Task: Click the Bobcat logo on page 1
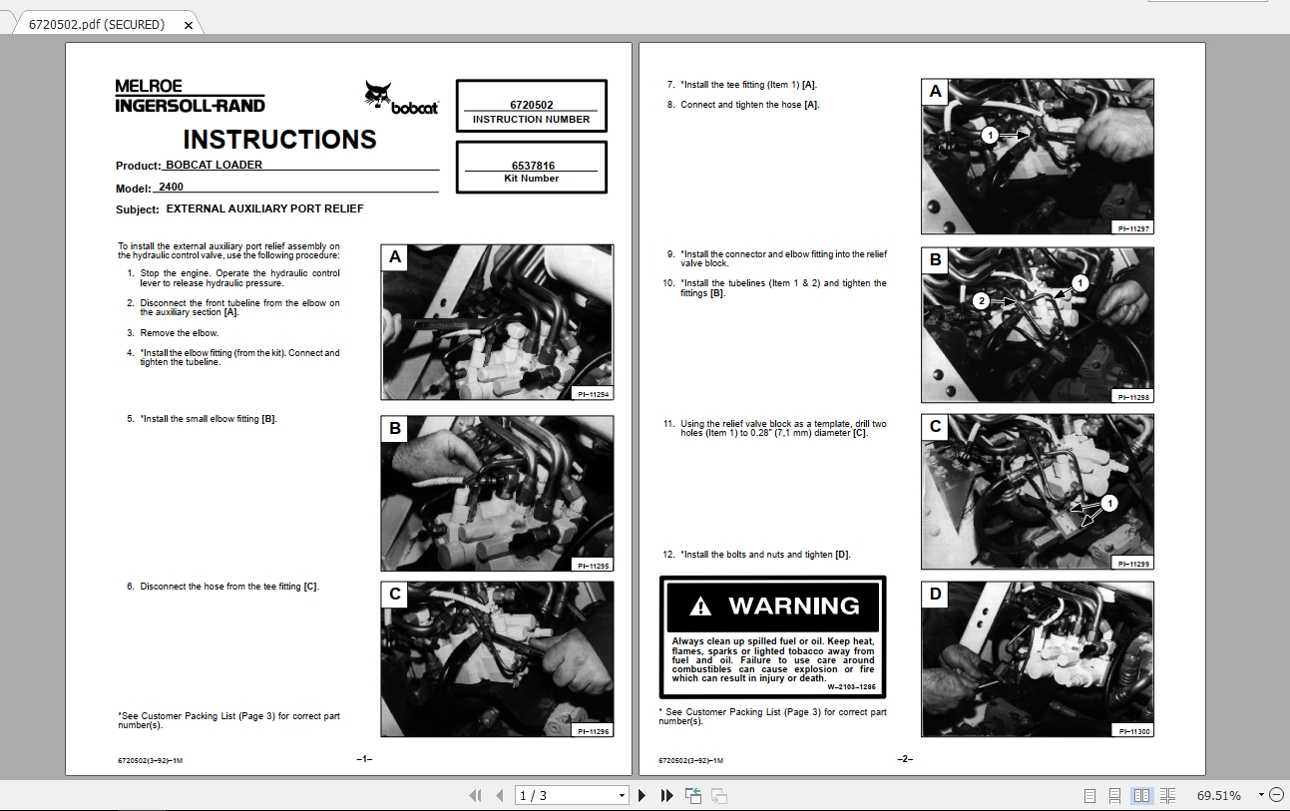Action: pyautogui.click(x=400, y=98)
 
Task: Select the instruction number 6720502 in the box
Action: pyautogui.click(x=531, y=105)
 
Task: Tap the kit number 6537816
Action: pyautogui.click(x=533, y=166)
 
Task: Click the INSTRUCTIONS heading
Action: pyautogui.click(x=279, y=140)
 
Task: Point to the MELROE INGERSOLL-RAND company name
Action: pyautogui.click(x=190, y=96)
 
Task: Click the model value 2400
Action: pyautogui.click(x=171, y=187)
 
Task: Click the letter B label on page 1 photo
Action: pyautogui.click(x=395, y=429)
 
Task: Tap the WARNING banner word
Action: pyautogui.click(x=793, y=606)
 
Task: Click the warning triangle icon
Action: pyautogui.click(x=700, y=607)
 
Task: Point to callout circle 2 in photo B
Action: pyautogui.click(x=981, y=300)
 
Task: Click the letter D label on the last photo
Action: pyautogui.click(x=935, y=595)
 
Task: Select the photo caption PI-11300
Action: pyautogui.click(x=1135, y=731)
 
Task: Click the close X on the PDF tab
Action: pyautogui.click(x=189, y=25)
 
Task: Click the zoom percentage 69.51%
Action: pyautogui.click(x=1219, y=795)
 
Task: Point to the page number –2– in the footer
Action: pyautogui.click(x=905, y=759)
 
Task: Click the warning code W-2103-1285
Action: pyautogui.click(x=851, y=686)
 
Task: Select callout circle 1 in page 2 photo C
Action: pyautogui.click(x=1110, y=503)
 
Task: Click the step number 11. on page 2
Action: pyautogui.click(x=669, y=424)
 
